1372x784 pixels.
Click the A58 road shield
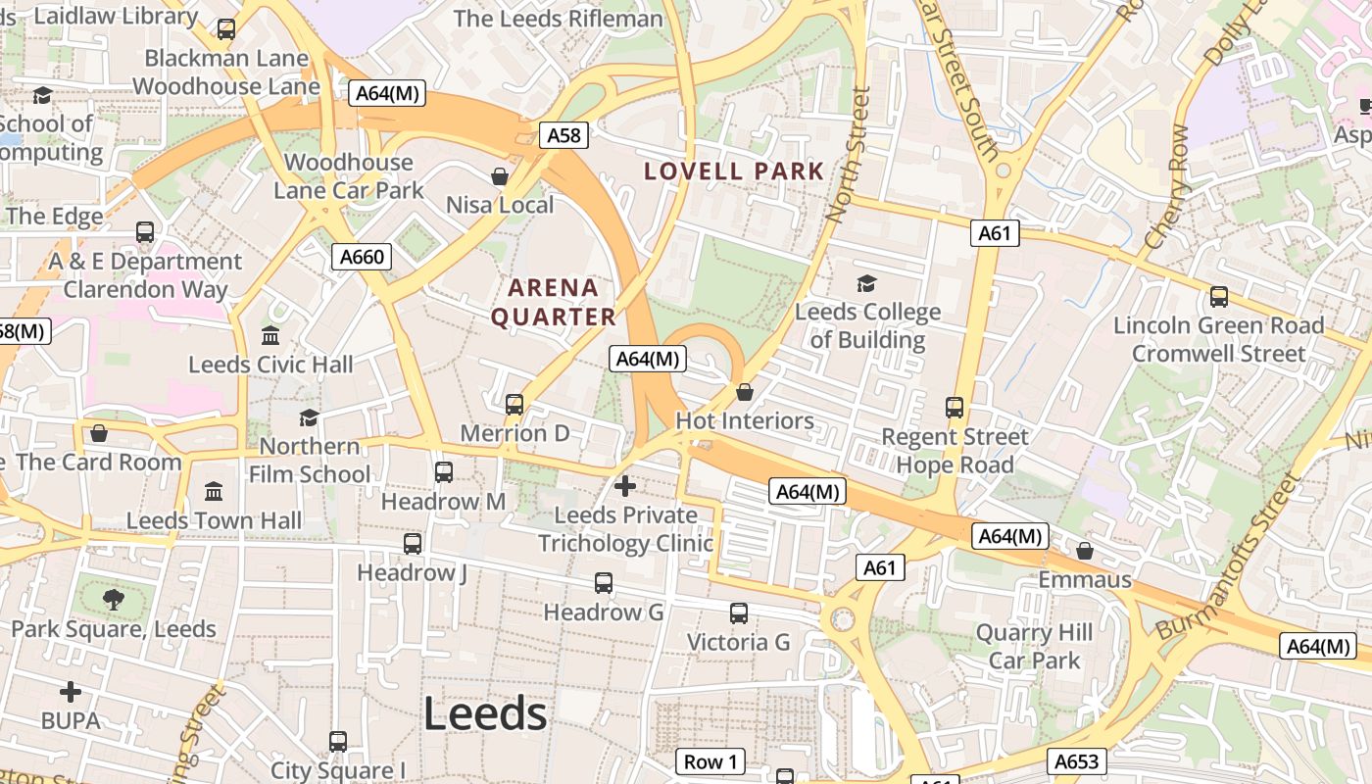click(x=563, y=135)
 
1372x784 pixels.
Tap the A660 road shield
click(x=362, y=257)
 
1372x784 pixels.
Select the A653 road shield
click(x=1077, y=761)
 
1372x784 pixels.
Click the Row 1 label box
click(x=710, y=761)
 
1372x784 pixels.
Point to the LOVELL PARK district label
click(x=734, y=171)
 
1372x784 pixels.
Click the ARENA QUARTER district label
click(x=554, y=302)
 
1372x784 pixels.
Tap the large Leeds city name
click(x=485, y=713)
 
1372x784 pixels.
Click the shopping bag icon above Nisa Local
click(x=500, y=176)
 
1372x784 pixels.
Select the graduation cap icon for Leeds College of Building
click(x=866, y=284)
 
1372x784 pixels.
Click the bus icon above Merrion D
click(x=514, y=404)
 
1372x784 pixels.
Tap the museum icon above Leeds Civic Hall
click(x=270, y=336)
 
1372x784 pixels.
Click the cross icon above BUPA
click(x=71, y=692)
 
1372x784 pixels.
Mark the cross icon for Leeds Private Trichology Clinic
click(x=624, y=485)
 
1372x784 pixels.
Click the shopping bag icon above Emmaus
click(x=1085, y=551)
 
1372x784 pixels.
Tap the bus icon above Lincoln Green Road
click(x=1219, y=296)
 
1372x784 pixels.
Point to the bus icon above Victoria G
click(x=739, y=613)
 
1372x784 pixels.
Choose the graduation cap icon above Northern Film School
click(x=310, y=417)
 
